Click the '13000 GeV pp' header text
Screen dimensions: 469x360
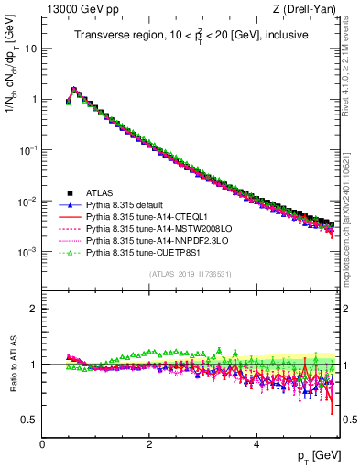click(x=74, y=10)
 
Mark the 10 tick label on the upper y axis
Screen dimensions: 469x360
click(x=29, y=49)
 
